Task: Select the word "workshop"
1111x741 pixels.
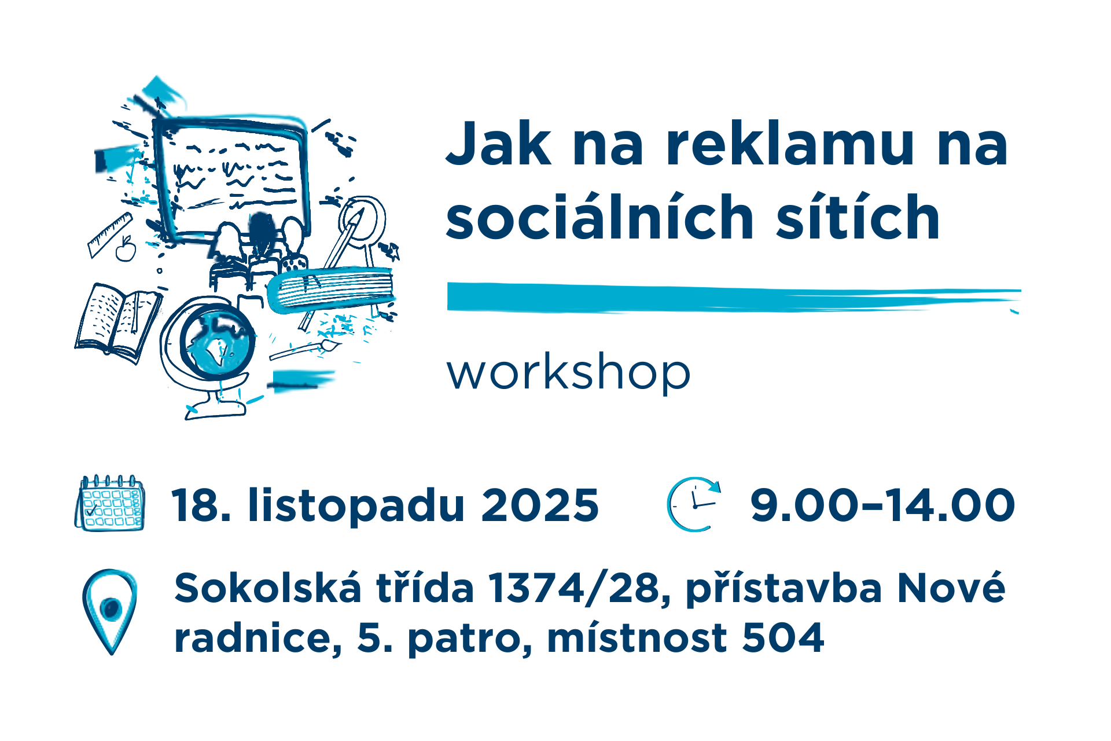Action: pos(568,373)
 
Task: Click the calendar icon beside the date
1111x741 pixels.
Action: pos(110,502)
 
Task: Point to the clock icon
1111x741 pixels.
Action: pos(694,504)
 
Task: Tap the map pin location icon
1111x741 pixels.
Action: pos(110,611)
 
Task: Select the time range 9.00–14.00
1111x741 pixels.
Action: pos(882,505)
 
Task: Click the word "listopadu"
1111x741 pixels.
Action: pos(356,505)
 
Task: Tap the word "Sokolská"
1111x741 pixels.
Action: pos(268,588)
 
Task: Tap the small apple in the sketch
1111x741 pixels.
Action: pos(126,249)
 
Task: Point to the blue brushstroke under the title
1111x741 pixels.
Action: pos(734,298)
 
